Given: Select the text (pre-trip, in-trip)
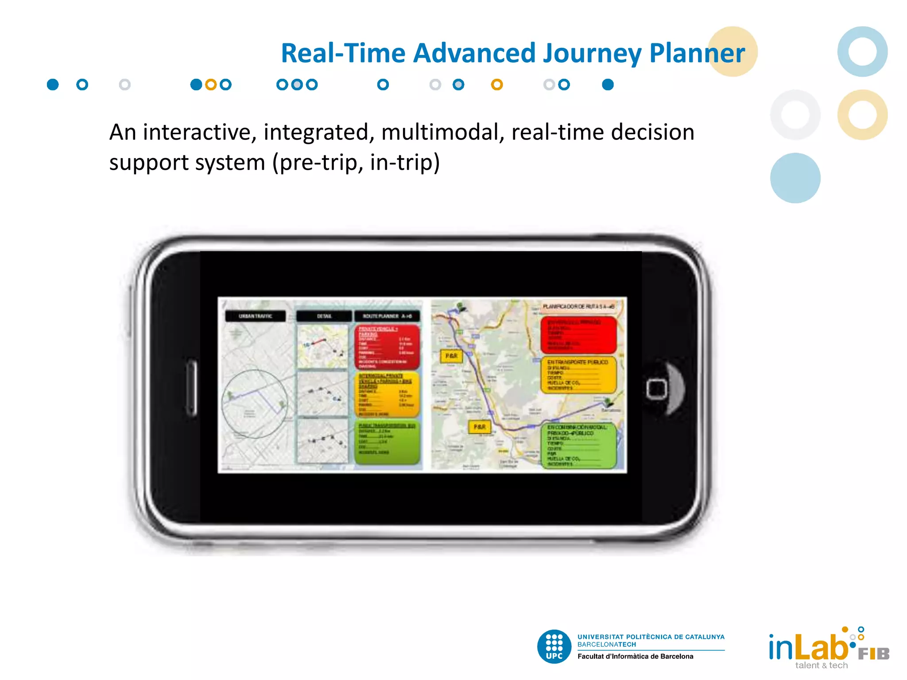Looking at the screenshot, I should click(x=356, y=162).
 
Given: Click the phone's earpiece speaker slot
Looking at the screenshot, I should click(x=192, y=388).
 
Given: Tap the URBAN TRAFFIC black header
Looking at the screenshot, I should click(x=255, y=316).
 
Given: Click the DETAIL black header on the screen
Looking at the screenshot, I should click(x=324, y=316).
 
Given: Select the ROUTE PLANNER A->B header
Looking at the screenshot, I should click(x=387, y=316).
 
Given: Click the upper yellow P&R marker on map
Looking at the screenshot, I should click(x=451, y=356).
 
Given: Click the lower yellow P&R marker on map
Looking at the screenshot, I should click(x=480, y=427).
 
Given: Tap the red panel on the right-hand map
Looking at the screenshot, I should click(x=578, y=335).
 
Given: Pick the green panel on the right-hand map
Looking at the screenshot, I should click(x=578, y=445).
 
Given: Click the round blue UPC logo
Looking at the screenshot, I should click(x=554, y=646).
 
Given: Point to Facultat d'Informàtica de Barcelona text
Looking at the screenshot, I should click(x=635, y=657).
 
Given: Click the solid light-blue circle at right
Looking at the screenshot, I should click(x=795, y=178).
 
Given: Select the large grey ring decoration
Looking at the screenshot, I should click(x=795, y=115).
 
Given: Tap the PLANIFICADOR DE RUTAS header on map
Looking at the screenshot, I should click(x=578, y=306).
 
